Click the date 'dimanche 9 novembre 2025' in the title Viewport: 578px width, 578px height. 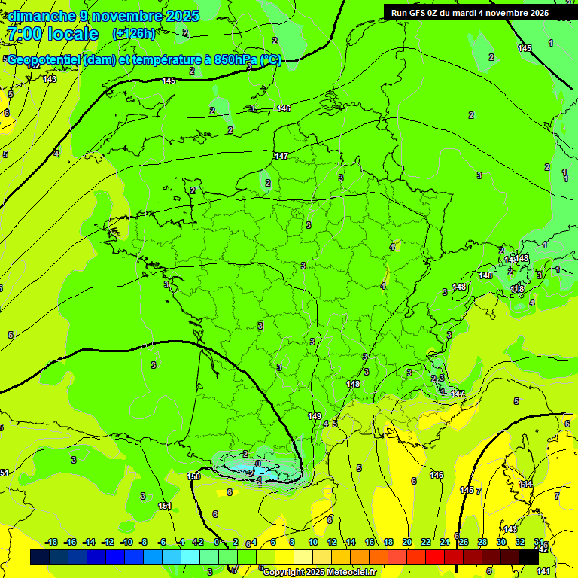click(x=103, y=16)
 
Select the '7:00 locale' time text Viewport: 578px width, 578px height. click(x=52, y=34)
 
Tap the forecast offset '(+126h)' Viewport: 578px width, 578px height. click(x=133, y=33)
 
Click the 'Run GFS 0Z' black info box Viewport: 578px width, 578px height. click(x=479, y=12)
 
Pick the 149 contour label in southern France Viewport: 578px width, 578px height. click(x=315, y=416)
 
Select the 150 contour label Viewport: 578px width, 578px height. click(x=193, y=476)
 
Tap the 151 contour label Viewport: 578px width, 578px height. click(x=165, y=506)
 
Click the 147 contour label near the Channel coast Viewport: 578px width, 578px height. click(x=281, y=156)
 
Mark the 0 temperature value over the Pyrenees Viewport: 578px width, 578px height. click(x=257, y=464)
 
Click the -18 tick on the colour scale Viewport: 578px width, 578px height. click(x=52, y=542)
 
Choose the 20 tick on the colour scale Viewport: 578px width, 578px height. click(x=407, y=542)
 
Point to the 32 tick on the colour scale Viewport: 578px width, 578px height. click(x=520, y=542)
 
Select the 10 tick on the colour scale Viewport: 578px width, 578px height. click(x=313, y=542)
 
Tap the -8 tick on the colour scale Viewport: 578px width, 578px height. click(x=144, y=542)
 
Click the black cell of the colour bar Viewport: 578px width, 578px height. click(x=529, y=558)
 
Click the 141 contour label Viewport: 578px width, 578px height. click(x=543, y=572)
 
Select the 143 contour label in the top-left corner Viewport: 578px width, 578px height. click(x=50, y=79)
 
